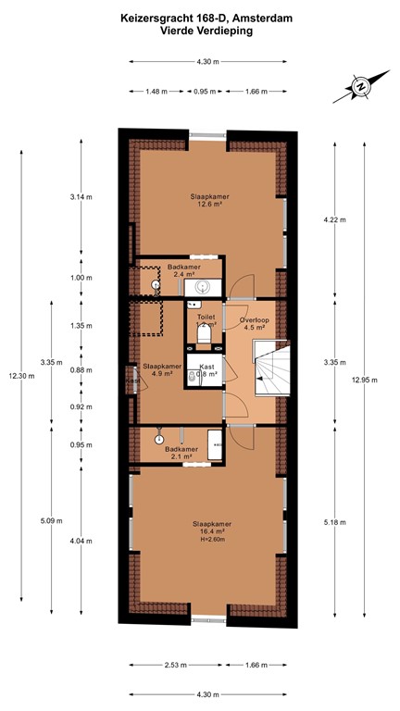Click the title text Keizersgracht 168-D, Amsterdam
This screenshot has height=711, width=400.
coord(199,17)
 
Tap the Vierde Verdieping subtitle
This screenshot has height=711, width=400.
coord(199,30)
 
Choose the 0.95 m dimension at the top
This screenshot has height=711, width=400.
coord(206,92)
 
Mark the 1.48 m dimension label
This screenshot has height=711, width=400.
coord(157,92)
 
